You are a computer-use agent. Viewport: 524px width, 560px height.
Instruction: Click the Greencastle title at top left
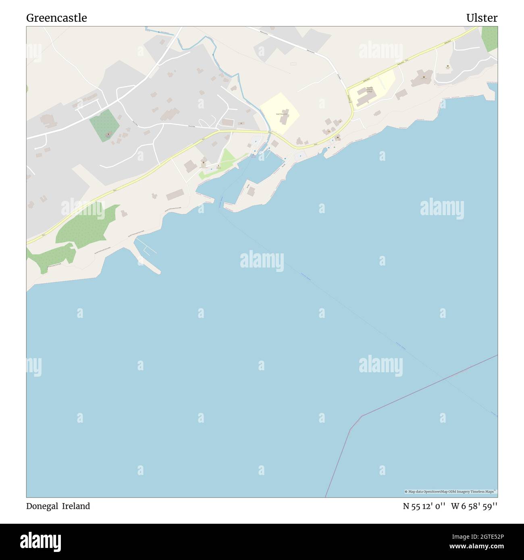tap(56, 18)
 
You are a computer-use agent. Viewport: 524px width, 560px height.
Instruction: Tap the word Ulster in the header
tap(482, 18)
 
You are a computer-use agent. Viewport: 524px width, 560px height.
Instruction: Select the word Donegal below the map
tap(42, 506)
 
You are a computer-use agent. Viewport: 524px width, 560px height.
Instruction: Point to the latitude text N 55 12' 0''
tap(424, 506)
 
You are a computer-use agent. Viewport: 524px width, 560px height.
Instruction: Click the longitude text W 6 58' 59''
tap(474, 506)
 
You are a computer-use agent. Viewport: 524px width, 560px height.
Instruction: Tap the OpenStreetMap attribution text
tap(451, 492)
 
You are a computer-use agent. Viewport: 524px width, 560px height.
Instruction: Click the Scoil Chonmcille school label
tap(282, 114)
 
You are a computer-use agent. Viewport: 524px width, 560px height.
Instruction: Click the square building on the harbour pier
tap(251, 192)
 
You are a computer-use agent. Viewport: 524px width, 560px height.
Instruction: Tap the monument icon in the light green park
tap(218, 166)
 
